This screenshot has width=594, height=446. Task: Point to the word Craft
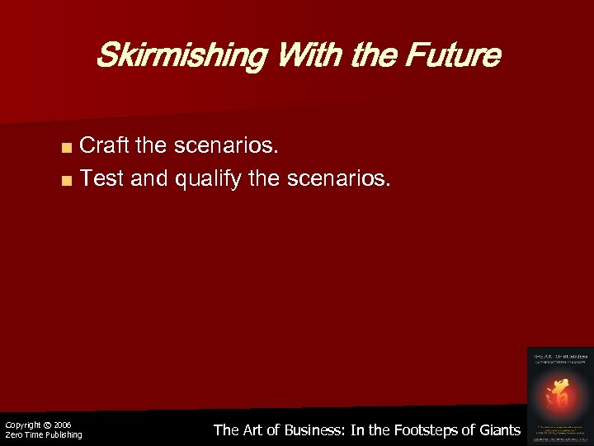tap(105, 147)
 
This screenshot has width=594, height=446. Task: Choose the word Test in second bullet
tap(101, 178)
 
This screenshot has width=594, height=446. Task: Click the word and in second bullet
tap(149, 178)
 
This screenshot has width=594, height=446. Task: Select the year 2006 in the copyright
tap(63, 425)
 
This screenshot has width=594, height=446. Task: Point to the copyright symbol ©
tap(47, 425)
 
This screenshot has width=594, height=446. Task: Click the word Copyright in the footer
tap(22, 425)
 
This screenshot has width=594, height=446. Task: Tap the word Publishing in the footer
tap(63, 434)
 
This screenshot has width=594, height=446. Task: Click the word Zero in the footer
tap(13, 434)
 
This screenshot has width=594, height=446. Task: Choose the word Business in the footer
tap(309, 429)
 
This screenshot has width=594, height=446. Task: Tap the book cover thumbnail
tap(559, 394)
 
